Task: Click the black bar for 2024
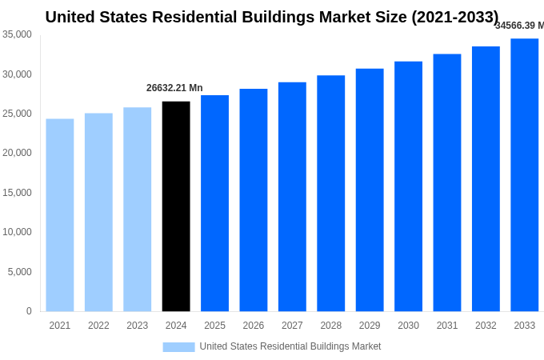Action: click(x=176, y=206)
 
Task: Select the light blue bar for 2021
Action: click(x=60, y=215)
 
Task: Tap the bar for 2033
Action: click(x=524, y=175)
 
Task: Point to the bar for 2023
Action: click(x=137, y=210)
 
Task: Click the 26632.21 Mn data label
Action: click(x=174, y=88)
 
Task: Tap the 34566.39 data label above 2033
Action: click(x=518, y=26)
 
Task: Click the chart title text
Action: click(x=272, y=17)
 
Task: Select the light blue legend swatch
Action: click(x=178, y=346)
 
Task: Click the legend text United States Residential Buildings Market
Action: click(x=290, y=346)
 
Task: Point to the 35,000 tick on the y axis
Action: click(x=17, y=34)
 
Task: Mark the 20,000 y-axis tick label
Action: click(x=17, y=153)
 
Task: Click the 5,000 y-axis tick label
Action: click(x=19, y=272)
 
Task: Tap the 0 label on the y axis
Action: click(x=29, y=311)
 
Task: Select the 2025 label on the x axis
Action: click(x=214, y=326)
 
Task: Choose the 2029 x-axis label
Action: click(x=370, y=326)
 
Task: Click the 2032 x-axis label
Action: click(x=486, y=326)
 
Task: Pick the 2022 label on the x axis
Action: click(x=98, y=326)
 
